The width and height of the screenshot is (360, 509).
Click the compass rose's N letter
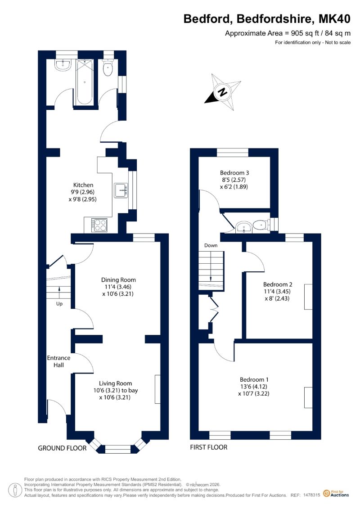[222, 92]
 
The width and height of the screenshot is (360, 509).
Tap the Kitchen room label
[83, 185]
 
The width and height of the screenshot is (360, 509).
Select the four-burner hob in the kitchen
[99, 225]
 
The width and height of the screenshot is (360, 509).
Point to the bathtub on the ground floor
[85, 82]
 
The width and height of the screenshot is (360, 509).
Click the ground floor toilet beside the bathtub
[108, 68]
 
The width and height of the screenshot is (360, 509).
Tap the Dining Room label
[118, 280]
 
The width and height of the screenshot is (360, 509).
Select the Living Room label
[116, 383]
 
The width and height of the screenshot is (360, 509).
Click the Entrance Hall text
[59, 361]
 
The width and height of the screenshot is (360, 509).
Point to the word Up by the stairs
[59, 304]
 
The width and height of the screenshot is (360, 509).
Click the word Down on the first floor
[211, 245]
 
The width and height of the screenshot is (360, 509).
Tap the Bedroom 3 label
[234, 173]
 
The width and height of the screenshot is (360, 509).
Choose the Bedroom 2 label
[278, 284]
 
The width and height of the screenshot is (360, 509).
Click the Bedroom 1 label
[254, 379]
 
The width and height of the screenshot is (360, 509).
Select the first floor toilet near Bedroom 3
[261, 225]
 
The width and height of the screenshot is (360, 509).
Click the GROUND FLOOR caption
[63, 448]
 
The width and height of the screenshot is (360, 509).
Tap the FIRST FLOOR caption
[209, 447]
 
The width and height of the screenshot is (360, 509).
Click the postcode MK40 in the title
[335, 19]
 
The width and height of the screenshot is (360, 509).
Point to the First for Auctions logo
[336, 494]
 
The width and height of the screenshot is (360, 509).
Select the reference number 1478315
[312, 495]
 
